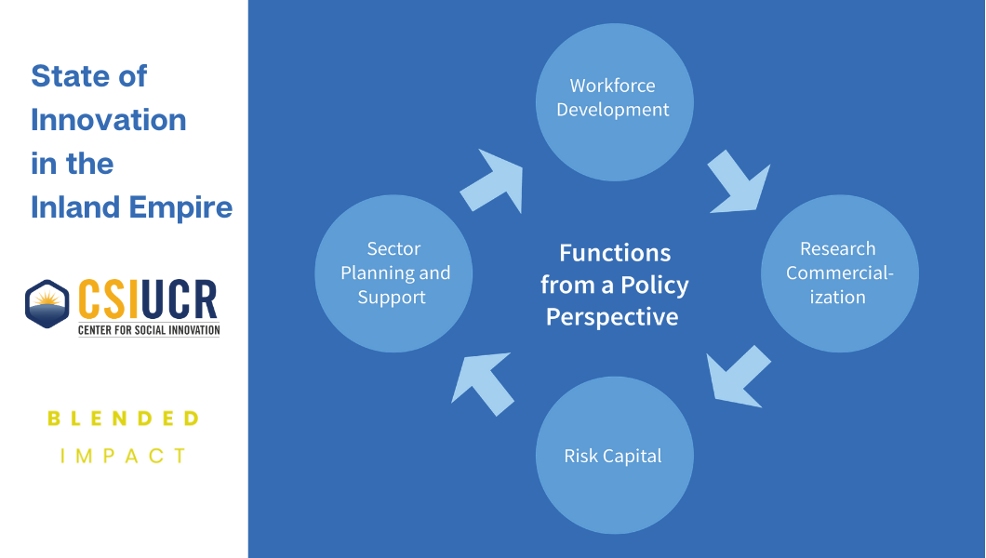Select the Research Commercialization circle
(839, 273)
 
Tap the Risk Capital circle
(614, 455)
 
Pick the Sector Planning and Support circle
(394, 273)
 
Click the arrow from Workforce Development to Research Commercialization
(739, 182)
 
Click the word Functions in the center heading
(615, 253)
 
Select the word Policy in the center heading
(656, 285)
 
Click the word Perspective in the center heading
(612, 317)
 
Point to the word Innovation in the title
(109, 120)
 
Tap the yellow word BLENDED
(124, 418)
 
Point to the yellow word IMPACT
(124, 456)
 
